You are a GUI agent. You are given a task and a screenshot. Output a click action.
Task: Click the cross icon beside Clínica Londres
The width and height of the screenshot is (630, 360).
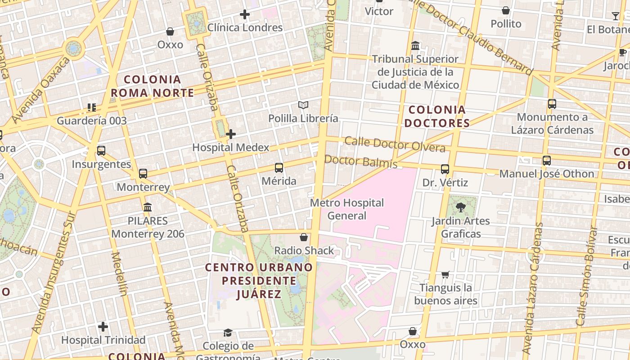[x=245, y=14]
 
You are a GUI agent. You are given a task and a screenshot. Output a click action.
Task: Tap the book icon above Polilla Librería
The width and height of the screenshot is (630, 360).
[x=303, y=105]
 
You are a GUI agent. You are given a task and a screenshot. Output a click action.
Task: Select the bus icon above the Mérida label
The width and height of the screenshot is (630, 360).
[x=279, y=168]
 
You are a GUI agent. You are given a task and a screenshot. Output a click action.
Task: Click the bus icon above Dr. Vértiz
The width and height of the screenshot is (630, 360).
[x=445, y=170]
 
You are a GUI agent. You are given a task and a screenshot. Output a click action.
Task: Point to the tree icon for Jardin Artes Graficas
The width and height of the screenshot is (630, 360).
[x=460, y=207]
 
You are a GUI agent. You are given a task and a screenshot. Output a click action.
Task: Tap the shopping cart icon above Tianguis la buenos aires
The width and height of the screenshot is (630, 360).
[x=445, y=274]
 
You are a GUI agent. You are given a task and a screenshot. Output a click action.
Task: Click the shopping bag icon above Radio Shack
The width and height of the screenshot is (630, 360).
[x=304, y=237]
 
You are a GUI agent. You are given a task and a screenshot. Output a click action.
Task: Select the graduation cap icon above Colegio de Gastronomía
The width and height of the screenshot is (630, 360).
[x=228, y=333]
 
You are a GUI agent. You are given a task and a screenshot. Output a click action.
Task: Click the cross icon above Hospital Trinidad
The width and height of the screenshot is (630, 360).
[x=103, y=327]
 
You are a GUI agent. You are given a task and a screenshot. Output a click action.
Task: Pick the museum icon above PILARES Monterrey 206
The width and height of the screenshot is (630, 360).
[x=147, y=207]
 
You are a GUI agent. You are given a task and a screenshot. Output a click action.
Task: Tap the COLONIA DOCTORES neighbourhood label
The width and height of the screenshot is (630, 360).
[x=436, y=116]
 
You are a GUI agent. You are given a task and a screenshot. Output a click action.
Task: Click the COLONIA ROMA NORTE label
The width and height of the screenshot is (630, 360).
[x=152, y=86]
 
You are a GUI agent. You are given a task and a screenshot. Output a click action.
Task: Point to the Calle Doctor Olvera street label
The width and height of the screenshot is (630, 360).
[x=395, y=144]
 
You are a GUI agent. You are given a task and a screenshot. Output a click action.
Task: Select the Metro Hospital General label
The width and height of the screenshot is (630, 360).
[x=347, y=209]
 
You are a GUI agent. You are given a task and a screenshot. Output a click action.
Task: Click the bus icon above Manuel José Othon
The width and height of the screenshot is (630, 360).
[x=547, y=161]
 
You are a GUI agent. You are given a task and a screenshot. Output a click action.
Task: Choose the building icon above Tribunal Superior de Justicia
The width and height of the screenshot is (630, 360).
[x=415, y=46]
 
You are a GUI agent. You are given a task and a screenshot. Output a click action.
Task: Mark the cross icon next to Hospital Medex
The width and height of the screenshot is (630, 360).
[x=231, y=134]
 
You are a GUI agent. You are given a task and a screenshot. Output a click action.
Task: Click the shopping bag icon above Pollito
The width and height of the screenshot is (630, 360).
[x=506, y=10]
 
